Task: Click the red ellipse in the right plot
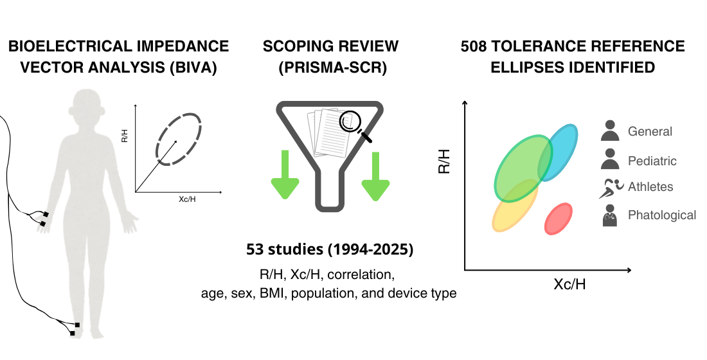[559, 219]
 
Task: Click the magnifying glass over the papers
[353, 123]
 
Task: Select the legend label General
[650, 132]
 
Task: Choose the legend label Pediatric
[652, 161]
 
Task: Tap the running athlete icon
[609, 188]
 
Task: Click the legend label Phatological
[661, 215]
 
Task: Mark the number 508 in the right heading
[476, 46]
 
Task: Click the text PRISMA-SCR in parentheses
[332, 67]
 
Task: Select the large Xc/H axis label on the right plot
[569, 284]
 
